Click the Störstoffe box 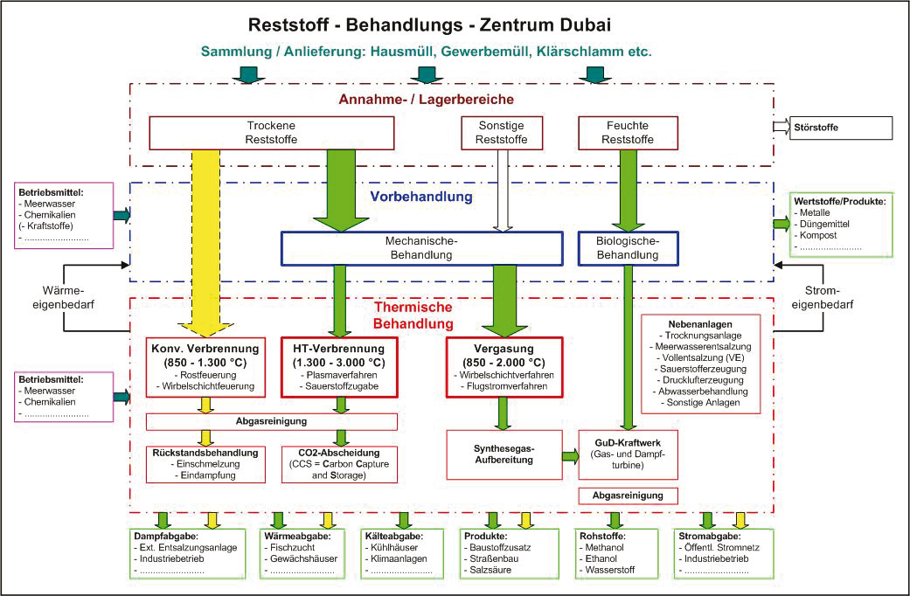pos(840,128)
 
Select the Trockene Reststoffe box pos(272,133)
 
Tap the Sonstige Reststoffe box pos(502,133)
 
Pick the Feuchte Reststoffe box pos(628,133)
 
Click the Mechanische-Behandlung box pos(422,248)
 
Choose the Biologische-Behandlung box pos(628,248)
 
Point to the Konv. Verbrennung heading pos(205,349)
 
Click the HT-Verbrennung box pos(339,367)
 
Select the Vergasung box pos(504,367)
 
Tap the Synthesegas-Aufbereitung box pos(504,454)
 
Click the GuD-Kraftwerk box pos(628,454)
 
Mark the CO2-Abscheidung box pos(339,464)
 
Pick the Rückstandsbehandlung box pos(205,464)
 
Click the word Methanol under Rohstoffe pos(604,547)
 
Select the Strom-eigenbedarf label pos(823,297)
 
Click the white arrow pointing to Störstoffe pos(781,127)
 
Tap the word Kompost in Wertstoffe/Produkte pos(818,236)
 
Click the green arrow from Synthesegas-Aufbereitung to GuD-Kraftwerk pos(571,455)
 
